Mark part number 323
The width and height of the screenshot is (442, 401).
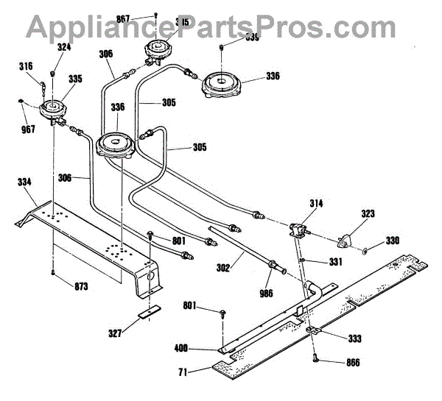click(x=368, y=213)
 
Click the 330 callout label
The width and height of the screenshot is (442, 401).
click(x=393, y=241)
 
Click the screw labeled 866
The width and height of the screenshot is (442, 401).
click(x=315, y=359)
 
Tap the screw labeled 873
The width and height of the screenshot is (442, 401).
click(x=54, y=273)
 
